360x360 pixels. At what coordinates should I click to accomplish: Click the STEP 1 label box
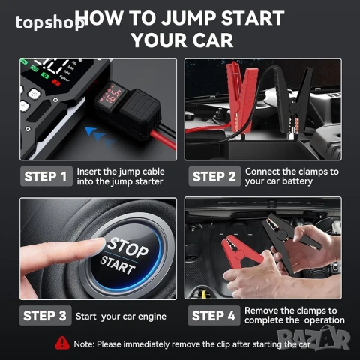[46, 176]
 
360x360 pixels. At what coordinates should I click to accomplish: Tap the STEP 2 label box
[214, 176]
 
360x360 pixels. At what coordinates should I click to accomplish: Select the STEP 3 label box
[45, 315]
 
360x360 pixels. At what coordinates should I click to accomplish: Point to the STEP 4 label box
[214, 315]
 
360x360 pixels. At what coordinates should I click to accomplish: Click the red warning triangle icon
[62, 343]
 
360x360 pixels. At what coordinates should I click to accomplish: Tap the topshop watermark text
[50, 22]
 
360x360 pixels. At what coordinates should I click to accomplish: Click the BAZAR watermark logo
[314, 338]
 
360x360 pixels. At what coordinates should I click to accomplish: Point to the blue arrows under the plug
[100, 137]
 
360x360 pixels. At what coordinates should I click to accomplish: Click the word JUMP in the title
[188, 18]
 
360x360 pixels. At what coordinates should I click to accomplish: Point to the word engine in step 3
[152, 316]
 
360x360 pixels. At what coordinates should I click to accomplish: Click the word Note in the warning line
[84, 344]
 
